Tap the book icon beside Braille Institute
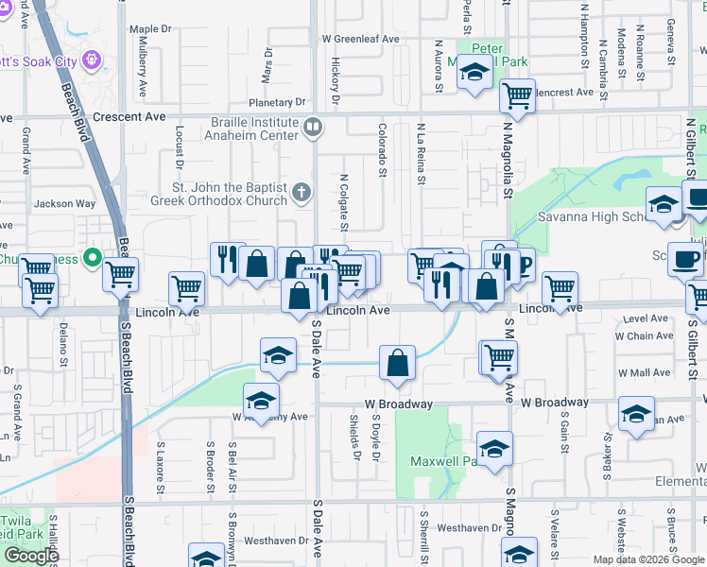[313, 125]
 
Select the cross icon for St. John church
[302, 194]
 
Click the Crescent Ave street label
[138, 117]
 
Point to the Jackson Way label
[65, 203]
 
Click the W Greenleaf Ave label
[361, 40]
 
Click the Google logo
[30, 556]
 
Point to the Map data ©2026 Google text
[647, 559]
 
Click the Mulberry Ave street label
[144, 76]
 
